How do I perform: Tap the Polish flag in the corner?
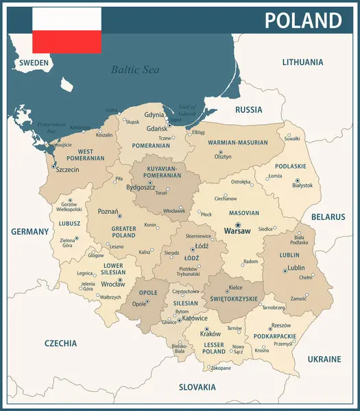67,30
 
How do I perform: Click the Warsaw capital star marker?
238,225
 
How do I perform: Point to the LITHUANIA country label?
302,62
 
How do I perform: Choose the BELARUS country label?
328,216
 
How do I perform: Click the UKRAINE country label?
324,359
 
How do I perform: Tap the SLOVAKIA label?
197,387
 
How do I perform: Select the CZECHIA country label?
61,343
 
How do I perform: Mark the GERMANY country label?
30,232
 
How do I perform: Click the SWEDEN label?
34,62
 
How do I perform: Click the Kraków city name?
210,334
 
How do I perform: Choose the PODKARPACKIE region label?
274,336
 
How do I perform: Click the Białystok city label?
302,185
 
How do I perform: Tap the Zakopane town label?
220,368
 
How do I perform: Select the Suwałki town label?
292,138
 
